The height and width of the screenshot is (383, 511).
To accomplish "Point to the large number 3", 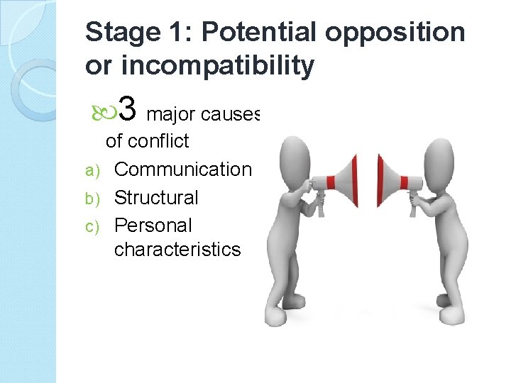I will tap(128, 109).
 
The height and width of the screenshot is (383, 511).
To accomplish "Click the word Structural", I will tap(156, 197).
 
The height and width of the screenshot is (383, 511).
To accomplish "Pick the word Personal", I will tap(153, 226).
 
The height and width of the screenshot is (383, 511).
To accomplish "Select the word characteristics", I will tap(177, 250).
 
